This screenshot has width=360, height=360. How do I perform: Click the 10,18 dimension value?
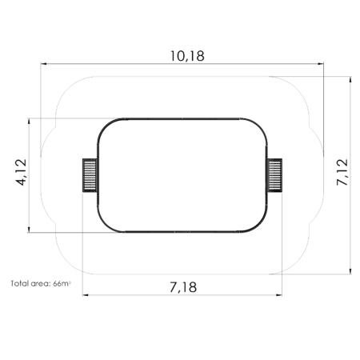click(x=182, y=56)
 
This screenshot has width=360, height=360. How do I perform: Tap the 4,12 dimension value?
click(x=22, y=172)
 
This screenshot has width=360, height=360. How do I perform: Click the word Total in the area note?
click(x=21, y=283)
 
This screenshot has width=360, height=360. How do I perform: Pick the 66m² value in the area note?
click(x=62, y=283)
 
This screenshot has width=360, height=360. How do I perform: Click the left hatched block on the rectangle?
click(x=88, y=175)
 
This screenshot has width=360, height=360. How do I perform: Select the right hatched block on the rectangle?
click(x=274, y=175)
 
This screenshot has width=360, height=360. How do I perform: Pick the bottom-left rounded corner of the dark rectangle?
click(x=104, y=225)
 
